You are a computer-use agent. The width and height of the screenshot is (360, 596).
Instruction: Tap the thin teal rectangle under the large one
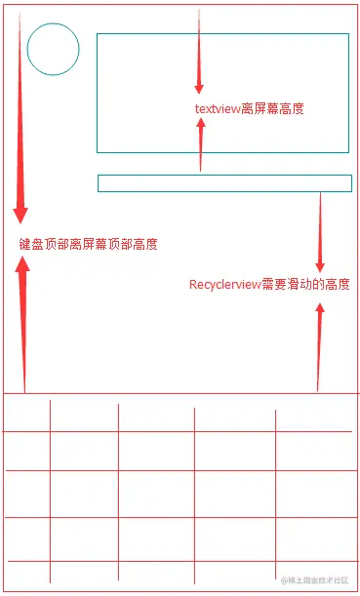pos(224,183)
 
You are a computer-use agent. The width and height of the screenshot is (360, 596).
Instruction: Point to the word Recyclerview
pos(224,285)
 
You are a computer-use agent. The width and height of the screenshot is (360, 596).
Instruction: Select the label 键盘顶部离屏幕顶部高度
pos(88,244)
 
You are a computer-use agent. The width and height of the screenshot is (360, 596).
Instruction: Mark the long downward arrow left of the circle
pos(20,117)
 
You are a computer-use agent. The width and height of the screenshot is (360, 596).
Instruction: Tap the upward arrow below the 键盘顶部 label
pos(23,322)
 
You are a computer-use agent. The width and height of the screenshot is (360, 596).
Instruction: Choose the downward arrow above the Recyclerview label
pos(319,234)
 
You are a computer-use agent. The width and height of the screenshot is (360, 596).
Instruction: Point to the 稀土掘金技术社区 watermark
pos(314,579)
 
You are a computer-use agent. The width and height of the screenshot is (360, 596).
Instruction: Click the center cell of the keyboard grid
pos(156,494)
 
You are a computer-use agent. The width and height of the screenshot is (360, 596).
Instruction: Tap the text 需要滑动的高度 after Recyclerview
pos(305,285)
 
